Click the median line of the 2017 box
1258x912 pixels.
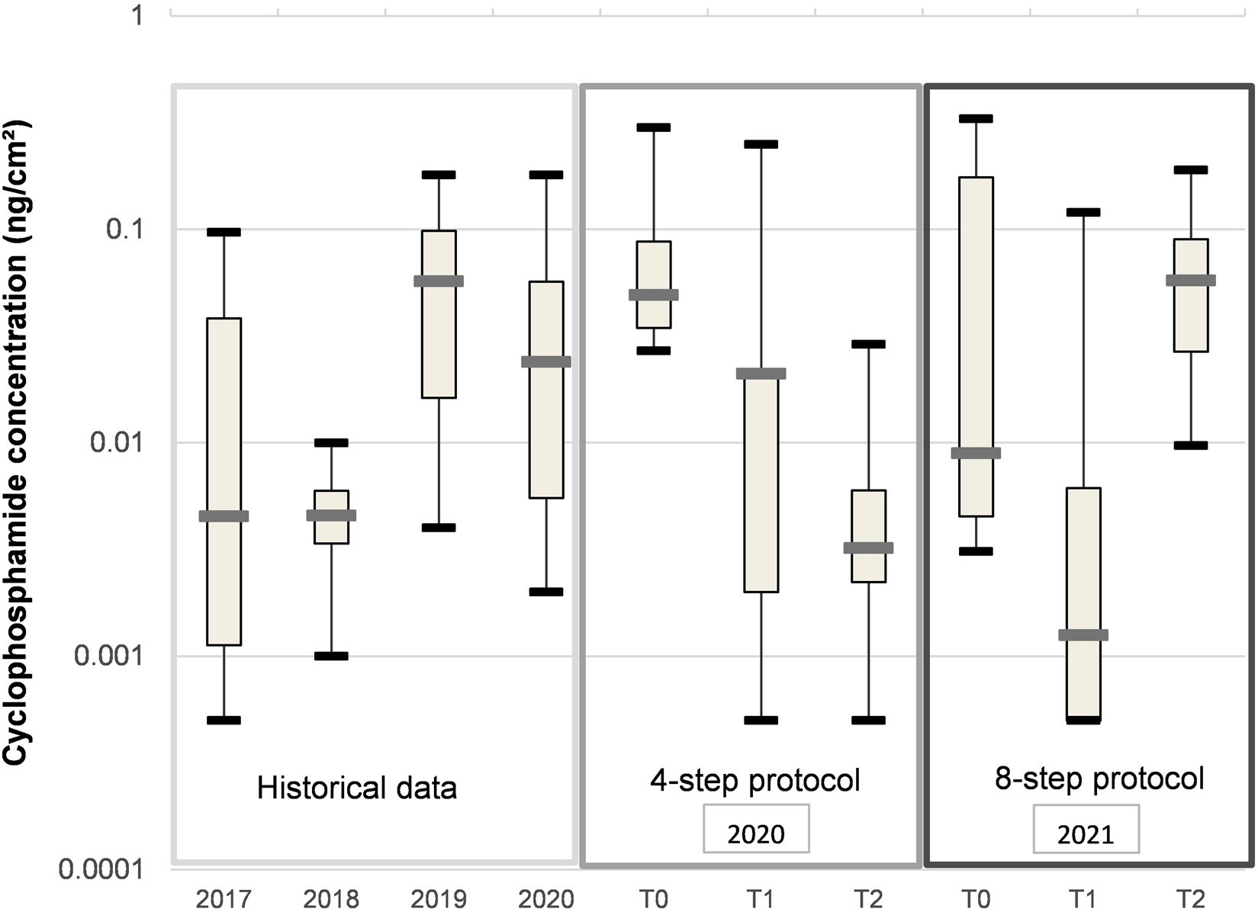(x=224, y=516)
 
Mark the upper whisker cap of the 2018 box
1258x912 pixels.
(x=331, y=442)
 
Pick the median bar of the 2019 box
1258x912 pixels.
(x=439, y=281)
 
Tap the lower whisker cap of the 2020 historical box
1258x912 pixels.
(x=546, y=592)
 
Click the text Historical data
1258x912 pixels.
(x=356, y=788)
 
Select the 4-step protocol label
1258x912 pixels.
(x=754, y=779)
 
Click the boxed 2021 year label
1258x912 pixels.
(x=1086, y=833)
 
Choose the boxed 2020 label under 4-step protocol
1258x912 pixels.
(x=756, y=833)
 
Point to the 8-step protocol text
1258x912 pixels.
(x=1099, y=778)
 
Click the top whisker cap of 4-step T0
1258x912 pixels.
(x=654, y=127)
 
